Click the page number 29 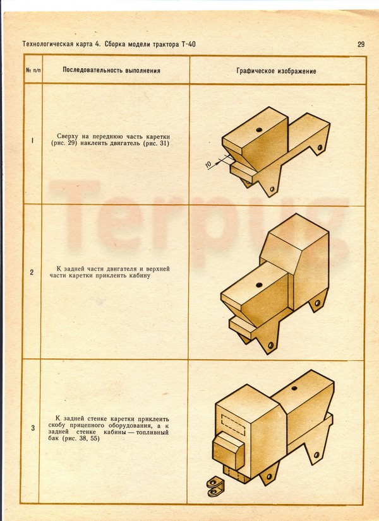pos(361,44)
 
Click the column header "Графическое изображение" pos(276,71)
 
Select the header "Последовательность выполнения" pos(111,71)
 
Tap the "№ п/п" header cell pos(33,71)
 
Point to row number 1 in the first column pos(32,141)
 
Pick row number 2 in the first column pos(32,272)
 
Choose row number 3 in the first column pos(33,428)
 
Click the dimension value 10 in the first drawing pos(208,164)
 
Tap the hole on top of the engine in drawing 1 pos(259,130)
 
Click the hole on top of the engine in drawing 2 pos(259,284)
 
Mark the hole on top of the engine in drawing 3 pos(294,388)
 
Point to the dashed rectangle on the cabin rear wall pos(233,424)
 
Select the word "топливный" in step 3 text pos(153,432)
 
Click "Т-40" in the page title pos(189,44)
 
